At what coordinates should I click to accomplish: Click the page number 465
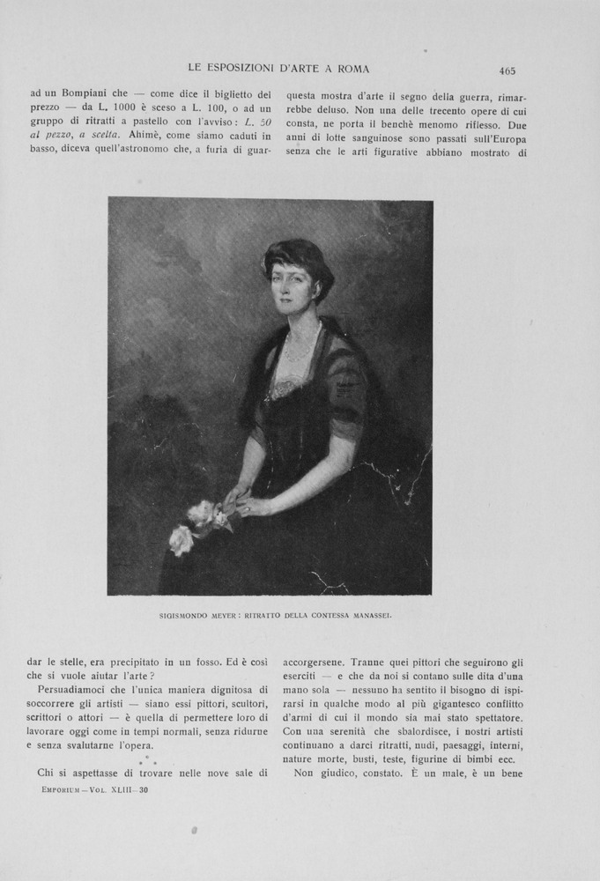coord(507,71)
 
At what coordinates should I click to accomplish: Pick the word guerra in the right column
coord(470,97)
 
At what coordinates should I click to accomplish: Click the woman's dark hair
coord(300,255)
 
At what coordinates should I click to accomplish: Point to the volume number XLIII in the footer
coord(120,789)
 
